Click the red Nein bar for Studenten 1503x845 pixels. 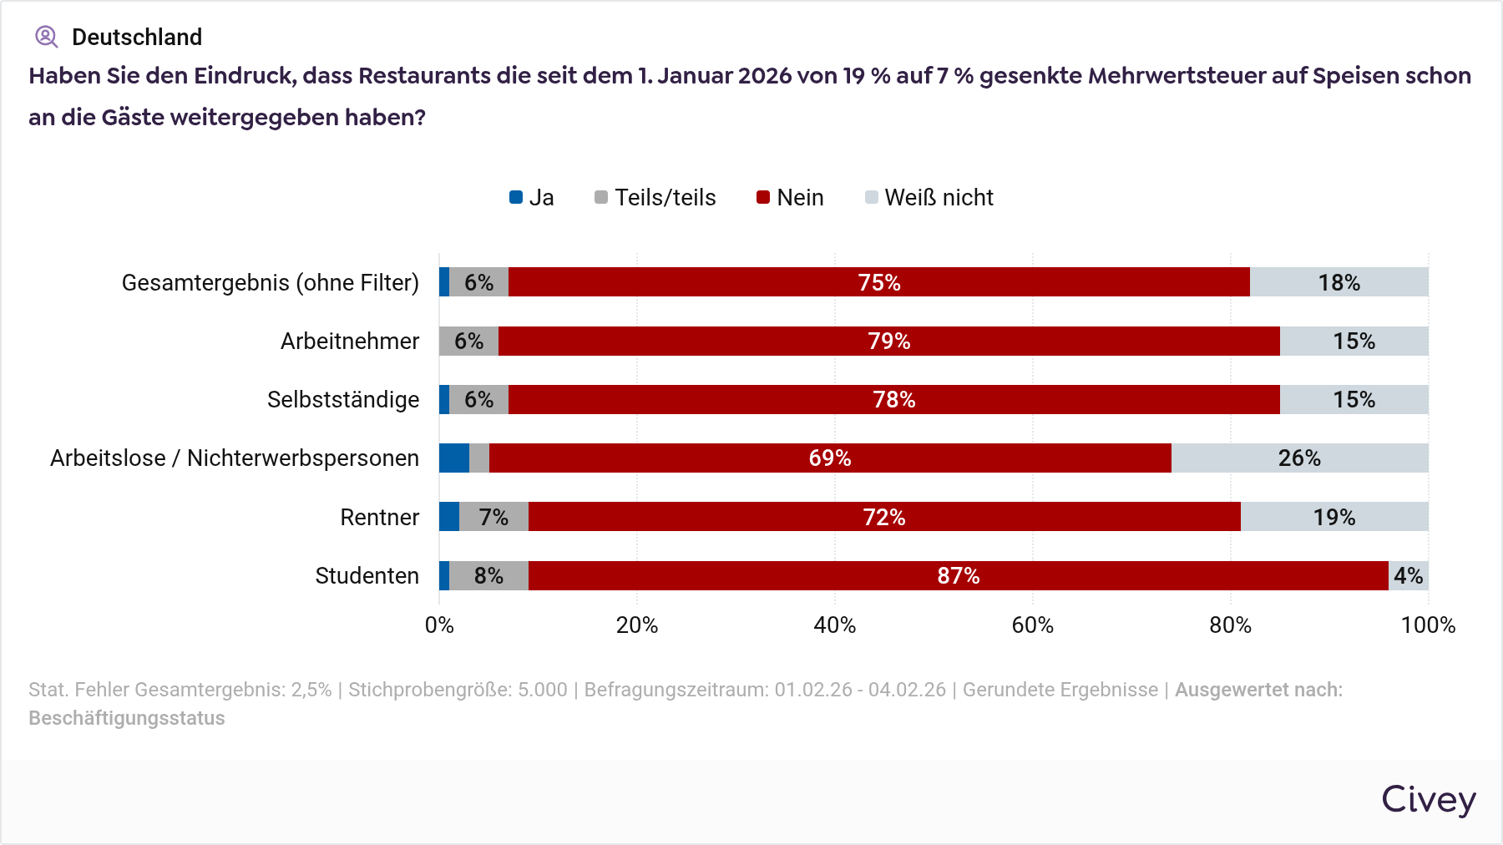point(958,575)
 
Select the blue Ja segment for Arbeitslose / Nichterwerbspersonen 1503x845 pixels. point(454,458)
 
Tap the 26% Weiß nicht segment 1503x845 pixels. point(1299,458)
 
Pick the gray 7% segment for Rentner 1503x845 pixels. point(493,517)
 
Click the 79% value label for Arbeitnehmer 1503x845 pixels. point(889,342)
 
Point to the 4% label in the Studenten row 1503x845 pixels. point(1408,575)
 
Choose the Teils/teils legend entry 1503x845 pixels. point(655,198)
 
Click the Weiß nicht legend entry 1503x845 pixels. point(929,198)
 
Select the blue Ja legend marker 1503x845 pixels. point(516,198)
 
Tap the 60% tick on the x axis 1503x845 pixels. point(1033,625)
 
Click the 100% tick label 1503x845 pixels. point(1428,625)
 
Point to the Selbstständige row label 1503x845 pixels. point(343,400)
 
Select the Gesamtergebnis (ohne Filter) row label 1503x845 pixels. point(271,283)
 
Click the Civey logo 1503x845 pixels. point(1429,800)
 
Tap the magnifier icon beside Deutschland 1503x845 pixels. point(46,37)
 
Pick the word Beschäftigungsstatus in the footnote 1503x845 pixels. point(127,719)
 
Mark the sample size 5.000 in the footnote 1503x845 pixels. point(543,691)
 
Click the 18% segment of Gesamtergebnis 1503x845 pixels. point(1339,283)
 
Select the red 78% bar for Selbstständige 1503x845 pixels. point(893,400)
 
